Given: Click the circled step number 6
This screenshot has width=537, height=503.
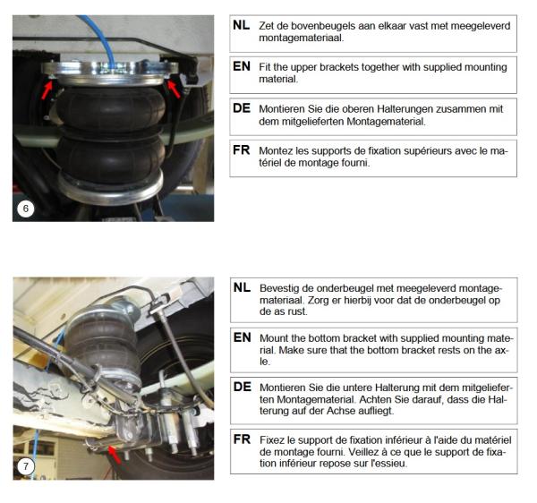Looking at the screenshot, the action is [25, 209].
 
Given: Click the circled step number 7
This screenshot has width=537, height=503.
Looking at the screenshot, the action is [25, 466].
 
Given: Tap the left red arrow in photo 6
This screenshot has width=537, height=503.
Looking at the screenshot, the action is [47, 90].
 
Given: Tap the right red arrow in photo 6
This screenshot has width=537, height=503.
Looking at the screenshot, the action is [174, 89].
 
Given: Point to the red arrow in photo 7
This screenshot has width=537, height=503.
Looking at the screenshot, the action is [115, 455].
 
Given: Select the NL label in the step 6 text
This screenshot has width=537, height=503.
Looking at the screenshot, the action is [241, 25].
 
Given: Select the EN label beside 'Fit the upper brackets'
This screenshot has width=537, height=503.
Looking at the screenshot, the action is [242, 66].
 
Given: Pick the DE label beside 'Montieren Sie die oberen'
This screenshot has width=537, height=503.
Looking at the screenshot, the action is [242, 108].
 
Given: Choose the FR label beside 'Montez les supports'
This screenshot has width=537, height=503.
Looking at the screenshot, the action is [241, 150].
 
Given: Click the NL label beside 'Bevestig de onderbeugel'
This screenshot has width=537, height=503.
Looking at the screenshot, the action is [242, 287].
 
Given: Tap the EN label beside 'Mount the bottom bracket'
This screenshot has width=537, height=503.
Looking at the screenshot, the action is [243, 337].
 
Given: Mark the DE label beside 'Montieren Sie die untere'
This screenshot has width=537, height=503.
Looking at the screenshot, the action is [243, 387].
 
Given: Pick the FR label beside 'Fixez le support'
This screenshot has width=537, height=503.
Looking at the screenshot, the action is [242, 439].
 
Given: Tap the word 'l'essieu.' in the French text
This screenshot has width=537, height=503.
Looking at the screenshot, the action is [389, 464].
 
